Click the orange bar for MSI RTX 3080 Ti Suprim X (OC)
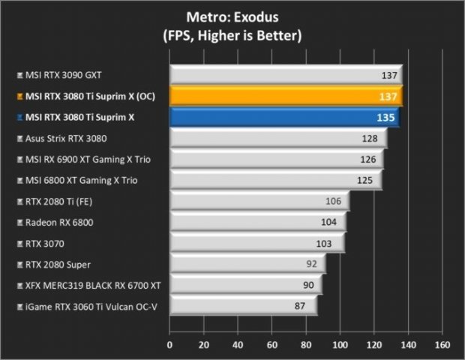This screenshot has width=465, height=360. coord(285,96)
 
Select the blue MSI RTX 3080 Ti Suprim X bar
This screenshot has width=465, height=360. coord(283,117)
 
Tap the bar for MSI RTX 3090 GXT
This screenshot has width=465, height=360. coord(285,75)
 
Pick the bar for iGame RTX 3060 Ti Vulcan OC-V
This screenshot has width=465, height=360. coord(243,306)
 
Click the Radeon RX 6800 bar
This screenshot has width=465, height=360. coord(257,222)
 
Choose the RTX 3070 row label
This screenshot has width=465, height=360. coord(44,243)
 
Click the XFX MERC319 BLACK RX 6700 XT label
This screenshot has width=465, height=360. coord(92,285)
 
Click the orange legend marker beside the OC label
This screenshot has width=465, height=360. coord(19,97)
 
